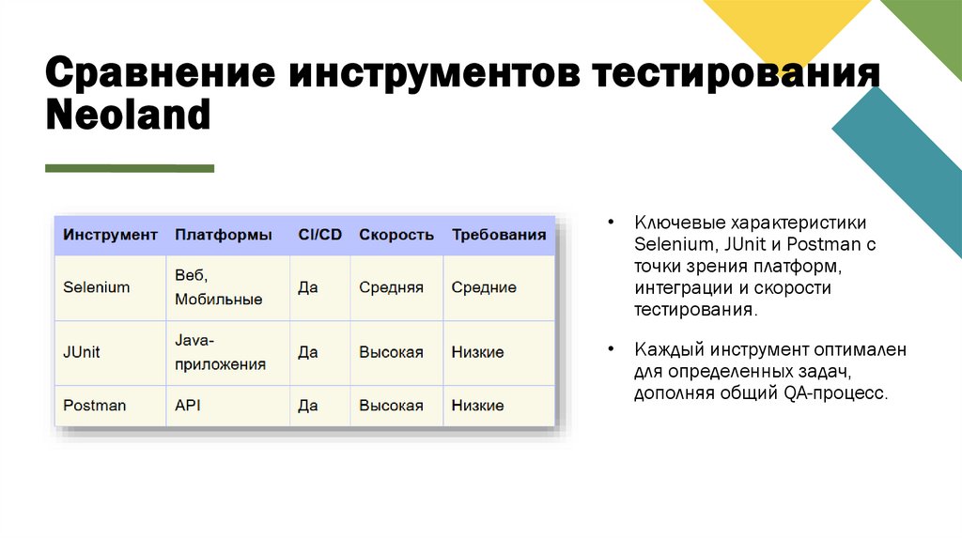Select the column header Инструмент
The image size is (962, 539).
click(110, 235)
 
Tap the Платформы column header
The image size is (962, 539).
click(224, 235)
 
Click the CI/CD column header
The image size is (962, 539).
click(319, 235)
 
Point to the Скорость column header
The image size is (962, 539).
click(396, 235)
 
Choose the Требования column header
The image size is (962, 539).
click(499, 235)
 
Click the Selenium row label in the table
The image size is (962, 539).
click(97, 287)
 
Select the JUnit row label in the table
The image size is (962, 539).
click(82, 352)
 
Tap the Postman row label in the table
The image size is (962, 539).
click(94, 406)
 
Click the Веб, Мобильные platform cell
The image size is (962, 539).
click(218, 287)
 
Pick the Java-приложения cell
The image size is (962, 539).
click(220, 352)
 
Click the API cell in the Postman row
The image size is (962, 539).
click(188, 406)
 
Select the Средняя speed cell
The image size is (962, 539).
click(391, 287)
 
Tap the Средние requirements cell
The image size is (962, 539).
click(484, 287)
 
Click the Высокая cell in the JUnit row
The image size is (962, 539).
click(391, 352)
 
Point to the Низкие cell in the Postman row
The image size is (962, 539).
click(477, 406)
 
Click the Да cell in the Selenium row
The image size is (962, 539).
click(308, 287)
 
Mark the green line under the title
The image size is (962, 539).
click(130, 168)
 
